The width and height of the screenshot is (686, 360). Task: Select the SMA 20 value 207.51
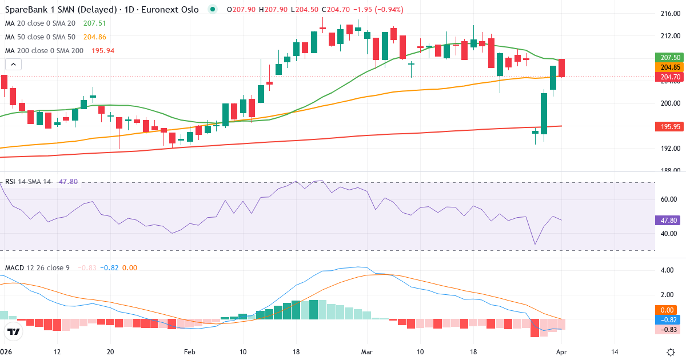pos(95,23)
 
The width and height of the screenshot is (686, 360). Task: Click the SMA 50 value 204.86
pos(95,37)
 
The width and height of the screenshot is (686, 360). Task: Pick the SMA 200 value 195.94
pos(103,51)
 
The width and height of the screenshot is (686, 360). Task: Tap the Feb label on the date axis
pos(190,352)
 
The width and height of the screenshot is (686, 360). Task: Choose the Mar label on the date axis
pos(366,352)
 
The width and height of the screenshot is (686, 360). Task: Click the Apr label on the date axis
pos(561,352)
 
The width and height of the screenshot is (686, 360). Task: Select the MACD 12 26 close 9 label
pos(37,267)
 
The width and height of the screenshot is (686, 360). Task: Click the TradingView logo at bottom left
pos(14,331)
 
